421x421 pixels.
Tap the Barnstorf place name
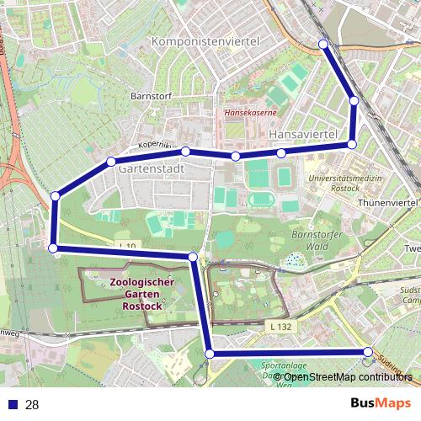[152, 97]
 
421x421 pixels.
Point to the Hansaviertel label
[302, 135]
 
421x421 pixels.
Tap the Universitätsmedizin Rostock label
[345, 185]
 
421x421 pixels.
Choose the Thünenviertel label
[388, 204]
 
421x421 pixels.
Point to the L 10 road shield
[127, 246]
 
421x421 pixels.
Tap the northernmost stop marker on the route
[322, 44]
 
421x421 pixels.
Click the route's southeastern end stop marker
[368, 352]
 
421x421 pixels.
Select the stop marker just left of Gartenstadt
[110, 162]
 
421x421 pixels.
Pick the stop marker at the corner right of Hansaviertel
[352, 145]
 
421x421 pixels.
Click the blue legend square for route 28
[10, 405]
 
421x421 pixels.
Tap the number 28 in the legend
[33, 405]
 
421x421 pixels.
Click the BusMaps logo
[375, 404]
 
